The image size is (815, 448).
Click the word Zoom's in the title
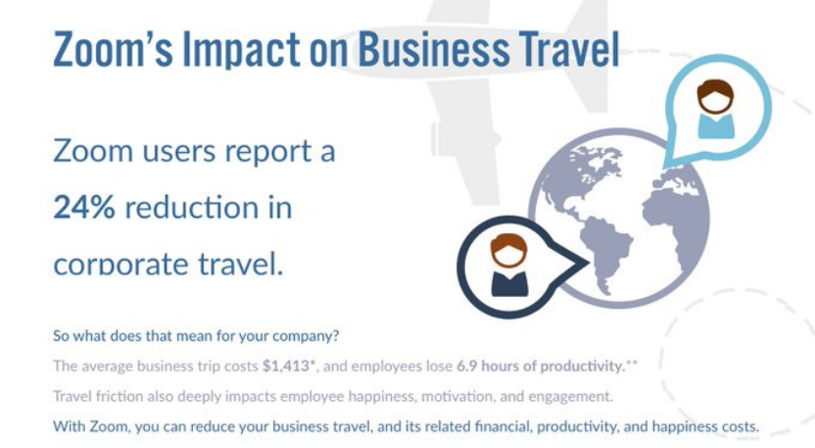[113, 48]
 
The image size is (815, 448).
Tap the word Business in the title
[434, 48]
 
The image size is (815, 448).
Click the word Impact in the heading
[242, 50]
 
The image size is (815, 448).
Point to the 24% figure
[84, 207]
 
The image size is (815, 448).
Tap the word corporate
[120, 265]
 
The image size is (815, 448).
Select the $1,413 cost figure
[286, 367]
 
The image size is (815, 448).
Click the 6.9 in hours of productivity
[466, 366]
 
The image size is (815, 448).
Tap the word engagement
[571, 397]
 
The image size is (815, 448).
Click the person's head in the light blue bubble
[716, 96]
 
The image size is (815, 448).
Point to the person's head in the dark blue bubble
[508, 250]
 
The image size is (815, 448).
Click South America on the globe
[604, 250]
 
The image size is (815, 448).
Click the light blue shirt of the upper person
[716, 126]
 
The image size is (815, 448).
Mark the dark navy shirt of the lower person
[509, 283]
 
